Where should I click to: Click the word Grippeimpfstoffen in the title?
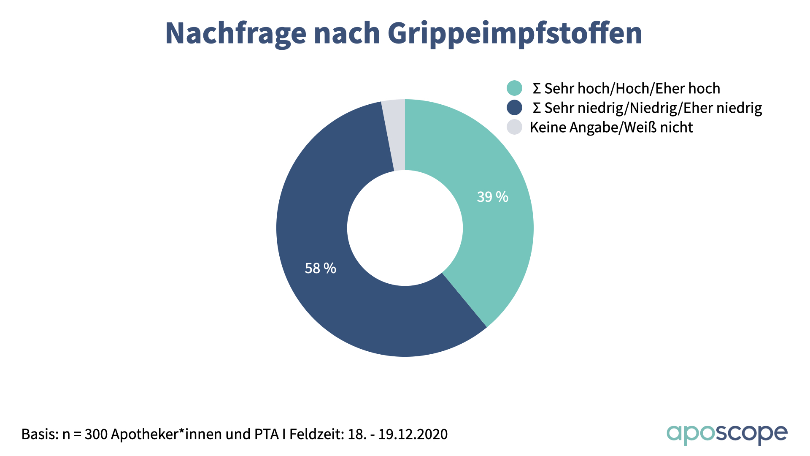[515, 33]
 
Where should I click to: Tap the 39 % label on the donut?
[492, 197]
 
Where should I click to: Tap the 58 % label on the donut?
[320, 268]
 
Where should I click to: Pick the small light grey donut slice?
[394, 135]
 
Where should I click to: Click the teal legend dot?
[514, 88]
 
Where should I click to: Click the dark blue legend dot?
[514, 108]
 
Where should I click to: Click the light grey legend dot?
[514, 127]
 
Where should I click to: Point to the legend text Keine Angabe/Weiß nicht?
[611, 128]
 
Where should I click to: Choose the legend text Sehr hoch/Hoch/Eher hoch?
[632, 89]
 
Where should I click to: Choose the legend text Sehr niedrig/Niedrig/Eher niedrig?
[653, 108]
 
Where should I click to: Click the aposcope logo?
[726, 434]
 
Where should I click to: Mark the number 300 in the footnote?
[96, 434]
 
